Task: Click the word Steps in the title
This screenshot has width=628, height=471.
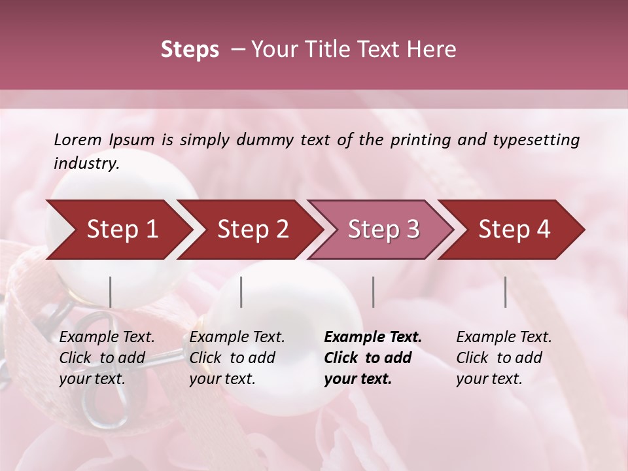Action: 190,49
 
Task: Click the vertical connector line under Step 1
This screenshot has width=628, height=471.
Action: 111,292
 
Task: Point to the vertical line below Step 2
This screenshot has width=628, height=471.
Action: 241,292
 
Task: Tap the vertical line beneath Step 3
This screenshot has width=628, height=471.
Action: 374,292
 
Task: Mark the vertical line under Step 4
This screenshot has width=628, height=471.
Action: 506,292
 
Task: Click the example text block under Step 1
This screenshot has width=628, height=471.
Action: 107,358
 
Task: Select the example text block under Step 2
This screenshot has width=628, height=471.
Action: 237,358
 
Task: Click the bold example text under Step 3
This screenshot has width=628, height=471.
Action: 373,358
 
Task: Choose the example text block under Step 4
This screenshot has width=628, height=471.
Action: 504,358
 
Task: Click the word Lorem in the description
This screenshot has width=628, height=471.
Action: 78,140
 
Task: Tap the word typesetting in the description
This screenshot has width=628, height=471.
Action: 536,140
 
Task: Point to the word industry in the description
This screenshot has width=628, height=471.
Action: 86,164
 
